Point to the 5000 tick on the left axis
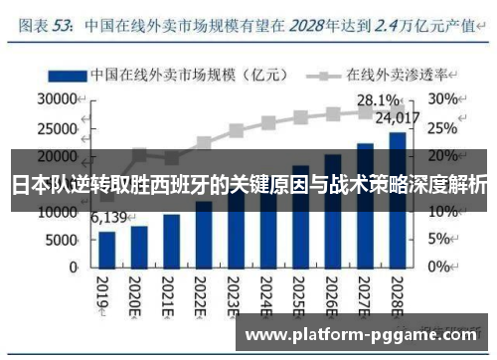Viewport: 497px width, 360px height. [62, 240]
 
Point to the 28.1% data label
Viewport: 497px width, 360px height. [380, 100]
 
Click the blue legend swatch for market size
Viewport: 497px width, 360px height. [66, 75]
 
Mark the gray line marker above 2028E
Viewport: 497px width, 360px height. [397, 110]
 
